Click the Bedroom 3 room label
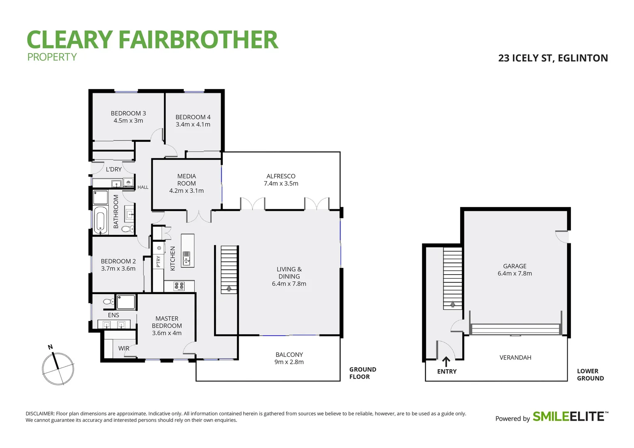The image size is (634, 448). click(x=128, y=113)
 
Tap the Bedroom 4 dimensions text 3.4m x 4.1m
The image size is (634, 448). click(x=193, y=124)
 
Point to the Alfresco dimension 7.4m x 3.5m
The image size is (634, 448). click(x=281, y=183)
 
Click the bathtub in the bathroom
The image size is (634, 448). click(x=100, y=220)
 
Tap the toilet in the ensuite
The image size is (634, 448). click(x=109, y=302)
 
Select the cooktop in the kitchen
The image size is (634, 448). click(x=179, y=285)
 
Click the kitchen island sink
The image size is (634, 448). click(x=187, y=258)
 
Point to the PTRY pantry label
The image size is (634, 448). click(x=158, y=261)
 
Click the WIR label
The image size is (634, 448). click(x=124, y=348)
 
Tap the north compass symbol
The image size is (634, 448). click(x=58, y=368)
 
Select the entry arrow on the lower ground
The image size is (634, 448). click(x=446, y=361)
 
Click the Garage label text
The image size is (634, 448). click(x=515, y=266)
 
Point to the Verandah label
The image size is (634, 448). click(x=515, y=358)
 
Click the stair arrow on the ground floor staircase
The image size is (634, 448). click(x=229, y=288)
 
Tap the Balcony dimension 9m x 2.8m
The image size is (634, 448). click(x=289, y=362)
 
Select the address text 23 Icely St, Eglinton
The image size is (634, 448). click(x=553, y=58)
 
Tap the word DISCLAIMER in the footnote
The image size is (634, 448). click(x=40, y=414)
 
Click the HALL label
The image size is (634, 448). click(x=143, y=187)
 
